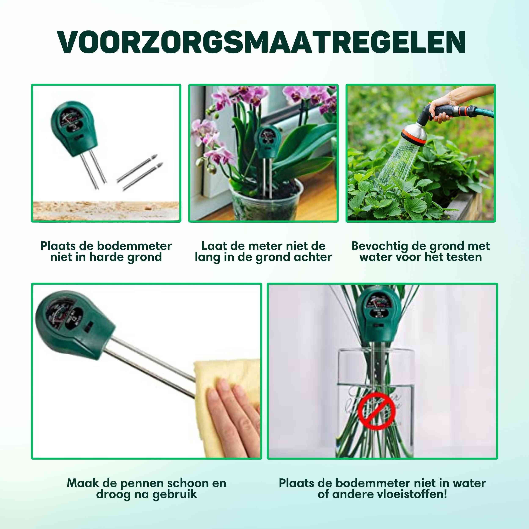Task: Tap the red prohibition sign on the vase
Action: pyautogui.click(x=376, y=411)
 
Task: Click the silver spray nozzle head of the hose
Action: pyautogui.click(x=415, y=134)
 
